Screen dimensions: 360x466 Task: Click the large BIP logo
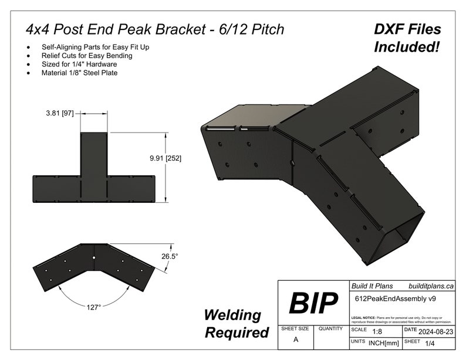point(313,303)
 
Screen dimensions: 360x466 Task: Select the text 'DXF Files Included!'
point(407,38)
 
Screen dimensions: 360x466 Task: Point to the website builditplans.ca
point(431,286)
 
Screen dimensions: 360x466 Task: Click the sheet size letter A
point(295,339)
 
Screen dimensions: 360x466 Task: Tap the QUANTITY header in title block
point(331,329)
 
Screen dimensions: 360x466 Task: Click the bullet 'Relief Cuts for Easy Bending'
point(87,56)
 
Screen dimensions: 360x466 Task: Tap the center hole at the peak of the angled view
point(94,257)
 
